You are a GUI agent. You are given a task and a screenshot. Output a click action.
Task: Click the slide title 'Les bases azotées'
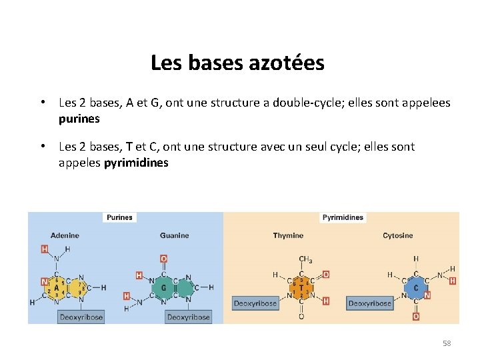tap(237, 63)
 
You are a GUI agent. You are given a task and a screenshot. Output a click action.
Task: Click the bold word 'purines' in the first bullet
tap(79, 119)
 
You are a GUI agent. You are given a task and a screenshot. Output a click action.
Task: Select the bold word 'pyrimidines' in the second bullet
tap(136, 163)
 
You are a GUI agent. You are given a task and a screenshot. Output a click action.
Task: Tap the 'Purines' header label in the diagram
tap(120, 217)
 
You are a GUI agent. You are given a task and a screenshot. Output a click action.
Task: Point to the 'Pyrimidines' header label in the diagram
tap(343, 217)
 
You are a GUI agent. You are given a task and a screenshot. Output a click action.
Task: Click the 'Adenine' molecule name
tap(65, 235)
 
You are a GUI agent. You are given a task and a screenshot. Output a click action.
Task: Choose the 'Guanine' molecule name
tap(174, 235)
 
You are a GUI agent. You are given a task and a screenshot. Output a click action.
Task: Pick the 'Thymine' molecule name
tap(288, 235)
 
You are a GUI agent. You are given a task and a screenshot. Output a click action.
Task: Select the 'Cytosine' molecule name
tap(397, 235)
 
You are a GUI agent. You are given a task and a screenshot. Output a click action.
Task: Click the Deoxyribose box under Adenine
tap(81, 317)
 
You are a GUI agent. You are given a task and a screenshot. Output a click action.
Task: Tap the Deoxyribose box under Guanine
tap(189, 317)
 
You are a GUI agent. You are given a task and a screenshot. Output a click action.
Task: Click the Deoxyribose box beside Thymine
tap(255, 303)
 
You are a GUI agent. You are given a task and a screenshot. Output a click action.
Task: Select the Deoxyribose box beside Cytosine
tap(370, 303)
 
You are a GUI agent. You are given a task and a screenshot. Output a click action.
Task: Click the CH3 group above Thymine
tap(305, 259)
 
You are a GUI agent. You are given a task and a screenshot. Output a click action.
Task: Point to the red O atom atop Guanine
tap(164, 259)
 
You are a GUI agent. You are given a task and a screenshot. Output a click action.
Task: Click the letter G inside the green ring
tap(164, 289)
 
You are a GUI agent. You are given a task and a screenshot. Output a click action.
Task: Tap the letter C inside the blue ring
tap(415, 289)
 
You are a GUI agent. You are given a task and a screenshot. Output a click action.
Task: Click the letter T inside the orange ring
tap(301, 289)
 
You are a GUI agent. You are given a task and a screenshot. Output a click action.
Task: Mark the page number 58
tap(447, 343)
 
